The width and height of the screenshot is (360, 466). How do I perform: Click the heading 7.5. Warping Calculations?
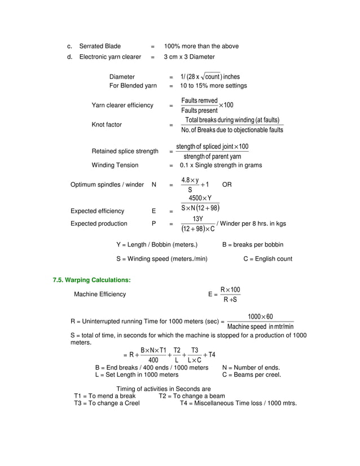(x=91, y=280)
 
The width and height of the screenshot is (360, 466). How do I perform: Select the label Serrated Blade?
(x=100, y=46)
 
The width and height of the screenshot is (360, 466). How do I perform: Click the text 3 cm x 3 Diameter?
(x=189, y=57)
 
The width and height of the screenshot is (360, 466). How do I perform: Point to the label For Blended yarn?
(x=133, y=86)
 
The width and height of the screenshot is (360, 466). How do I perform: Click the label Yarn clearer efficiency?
(x=122, y=105)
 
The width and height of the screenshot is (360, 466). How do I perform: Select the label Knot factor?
(x=107, y=125)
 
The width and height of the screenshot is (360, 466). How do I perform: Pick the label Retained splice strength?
(x=125, y=151)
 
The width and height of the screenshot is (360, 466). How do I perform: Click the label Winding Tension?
(x=115, y=165)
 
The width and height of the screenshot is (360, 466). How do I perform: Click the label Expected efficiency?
(x=97, y=211)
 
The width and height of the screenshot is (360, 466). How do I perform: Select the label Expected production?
(x=98, y=223)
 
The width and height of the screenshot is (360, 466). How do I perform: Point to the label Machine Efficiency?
(x=100, y=294)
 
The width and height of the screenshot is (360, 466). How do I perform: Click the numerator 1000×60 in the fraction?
(x=260, y=316)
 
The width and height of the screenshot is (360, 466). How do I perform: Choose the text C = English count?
(x=267, y=259)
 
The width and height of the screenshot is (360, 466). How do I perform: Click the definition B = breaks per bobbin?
(x=253, y=245)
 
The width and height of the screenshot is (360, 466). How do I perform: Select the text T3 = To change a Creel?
(x=107, y=403)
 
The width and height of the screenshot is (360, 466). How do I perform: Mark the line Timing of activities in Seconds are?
(x=163, y=389)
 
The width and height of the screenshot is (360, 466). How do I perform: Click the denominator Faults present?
(x=199, y=111)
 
